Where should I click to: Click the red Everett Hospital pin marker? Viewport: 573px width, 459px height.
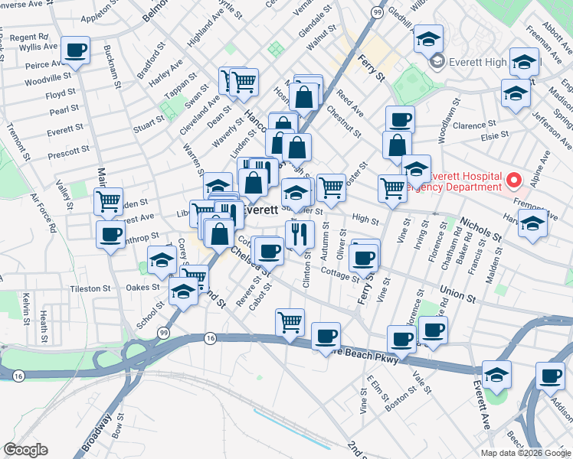point(513,181)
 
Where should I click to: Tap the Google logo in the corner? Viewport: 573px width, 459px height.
point(25,450)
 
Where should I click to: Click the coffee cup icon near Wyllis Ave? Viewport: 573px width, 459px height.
point(75,50)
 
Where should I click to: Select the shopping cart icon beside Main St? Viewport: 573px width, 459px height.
point(108,202)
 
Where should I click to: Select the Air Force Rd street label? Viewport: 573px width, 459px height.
point(44,213)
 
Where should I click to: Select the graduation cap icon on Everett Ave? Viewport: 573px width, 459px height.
point(496,374)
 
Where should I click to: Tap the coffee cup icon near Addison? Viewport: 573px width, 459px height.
point(549,376)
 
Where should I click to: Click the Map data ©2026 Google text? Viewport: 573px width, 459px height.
point(526,452)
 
